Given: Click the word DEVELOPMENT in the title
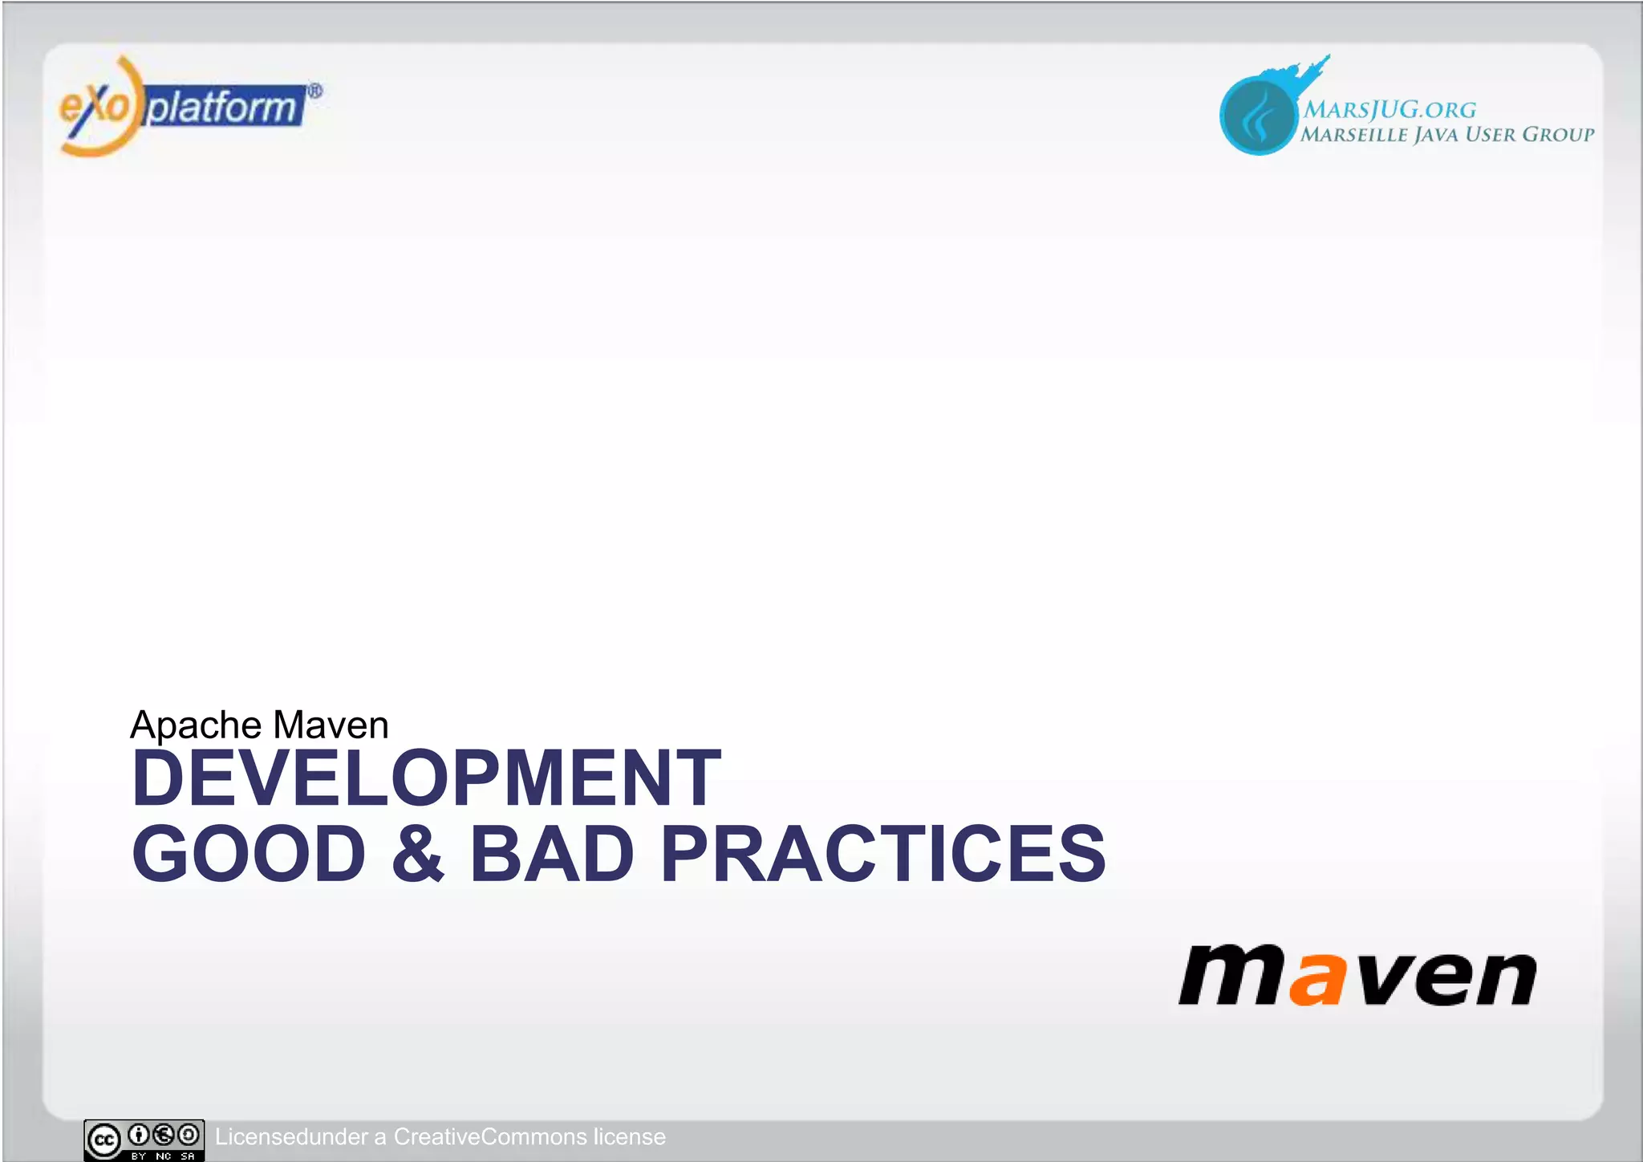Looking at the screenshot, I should [x=426, y=778].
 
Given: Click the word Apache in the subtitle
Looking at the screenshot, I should [x=196, y=725].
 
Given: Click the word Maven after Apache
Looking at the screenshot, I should [x=331, y=725].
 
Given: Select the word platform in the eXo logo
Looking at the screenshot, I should [x=222, y=107].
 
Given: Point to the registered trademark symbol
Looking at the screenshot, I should [x=315, y=91].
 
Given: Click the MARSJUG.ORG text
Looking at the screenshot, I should [x=1389, y=109].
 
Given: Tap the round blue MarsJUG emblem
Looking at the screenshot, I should [x=1257, y=116].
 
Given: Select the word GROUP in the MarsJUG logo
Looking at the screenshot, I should [x=1558, y=134].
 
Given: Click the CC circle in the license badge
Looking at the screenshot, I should [x=104, y=1140].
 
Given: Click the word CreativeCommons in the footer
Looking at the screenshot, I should [x=490, y=1136].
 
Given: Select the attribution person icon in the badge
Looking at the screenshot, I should [x=139, y=1134].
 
